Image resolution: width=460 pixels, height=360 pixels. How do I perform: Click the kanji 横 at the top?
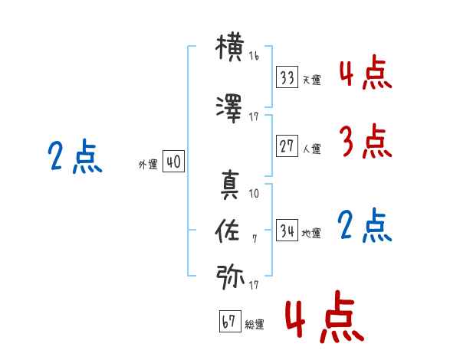pyautogui.click(x=230, y=47)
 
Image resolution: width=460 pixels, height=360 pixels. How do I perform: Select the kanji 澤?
pyautogui.click(x=229, y=109)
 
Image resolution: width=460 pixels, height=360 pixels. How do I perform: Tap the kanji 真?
pyautogui.click(x=230, y=185)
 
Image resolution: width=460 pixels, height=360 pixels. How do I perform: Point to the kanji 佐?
pyautogui.click(x=228, y=231)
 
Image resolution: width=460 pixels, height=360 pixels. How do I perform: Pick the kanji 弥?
pyautogui.click(x=230, y=277)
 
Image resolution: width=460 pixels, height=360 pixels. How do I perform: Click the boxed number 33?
pyautogui.click(x=287, y=77)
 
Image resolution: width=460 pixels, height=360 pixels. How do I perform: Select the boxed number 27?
pyautogui.click(x=287, y=146)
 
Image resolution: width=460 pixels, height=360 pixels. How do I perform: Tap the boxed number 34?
pyautogui.click(x=287, y=230)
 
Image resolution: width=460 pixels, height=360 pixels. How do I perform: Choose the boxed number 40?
pyautogui.click(x=173, y=162)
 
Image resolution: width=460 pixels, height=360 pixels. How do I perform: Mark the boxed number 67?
pyautogui.click(x=230, y=321)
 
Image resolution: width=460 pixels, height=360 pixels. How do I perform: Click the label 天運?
pyautogui.click(x=311, y=80)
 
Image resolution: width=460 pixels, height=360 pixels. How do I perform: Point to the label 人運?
pyautogui.click(x=311, y=149)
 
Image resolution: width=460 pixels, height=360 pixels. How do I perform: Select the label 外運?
pyautogui.click(x=148, y=165)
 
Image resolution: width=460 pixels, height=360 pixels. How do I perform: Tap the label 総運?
pyautogui.click(x=255, y=325)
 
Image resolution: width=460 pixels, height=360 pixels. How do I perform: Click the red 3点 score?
pyautogui.click(x=366, y=141)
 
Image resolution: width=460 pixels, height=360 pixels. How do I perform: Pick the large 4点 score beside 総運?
pyautogui.click(x=325, y=316)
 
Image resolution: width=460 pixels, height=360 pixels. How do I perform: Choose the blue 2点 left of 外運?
pyautogui.click(x=75, y=156)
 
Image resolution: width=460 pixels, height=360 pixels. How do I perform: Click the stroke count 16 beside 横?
pyautogui.click(x=254, y=56)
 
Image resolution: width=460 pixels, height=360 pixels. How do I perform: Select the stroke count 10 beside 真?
pyautogui.click(x=254, y=193)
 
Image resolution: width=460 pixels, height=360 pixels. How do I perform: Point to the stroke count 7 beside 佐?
pyautogui.click(x=255, y=239)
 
